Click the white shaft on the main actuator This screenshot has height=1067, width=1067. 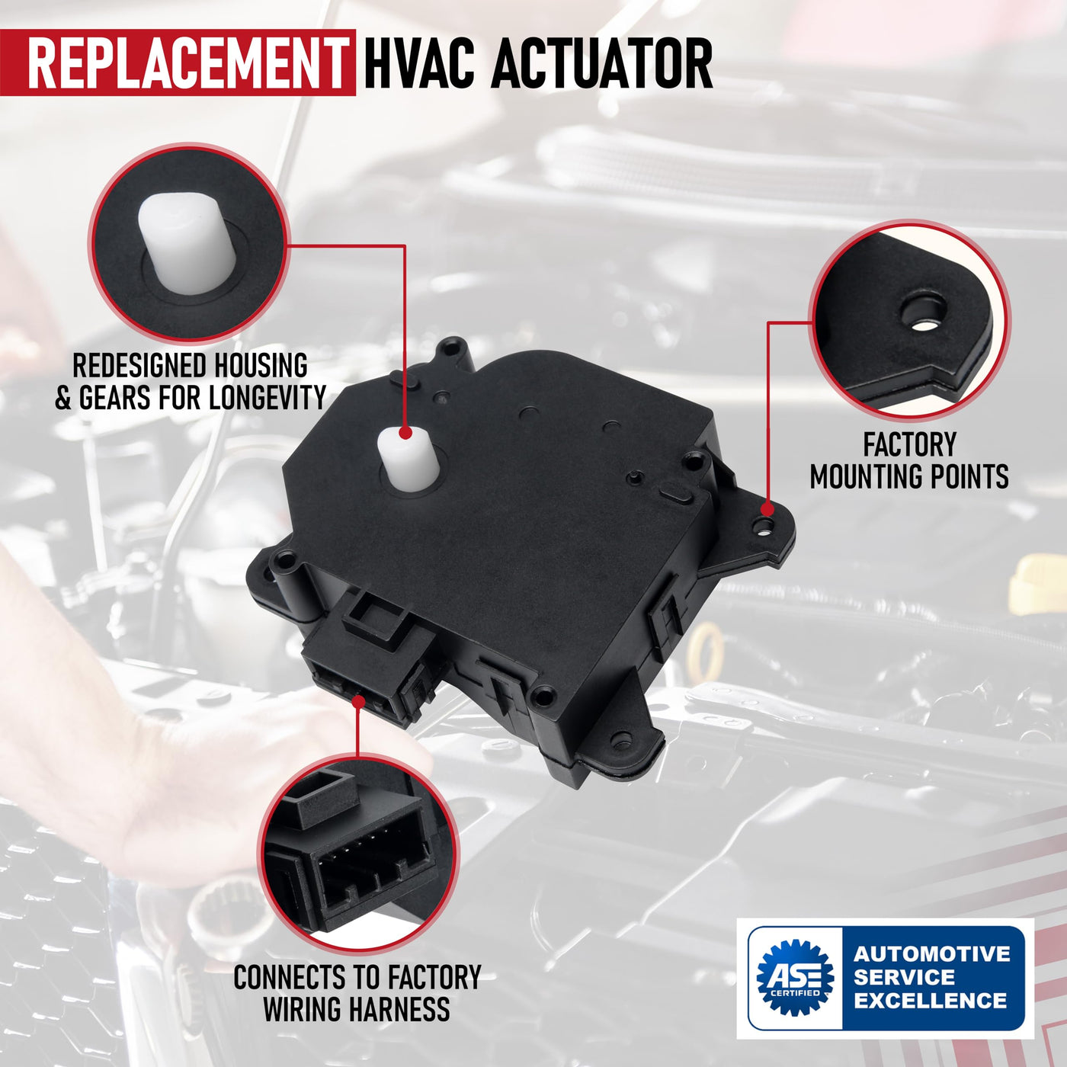click(x=409, y=457)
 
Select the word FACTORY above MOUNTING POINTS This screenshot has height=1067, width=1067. click(x=910, y=444)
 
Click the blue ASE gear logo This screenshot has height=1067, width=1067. click(x=795, y=977)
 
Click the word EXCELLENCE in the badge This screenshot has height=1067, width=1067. click(x=931, y=1001)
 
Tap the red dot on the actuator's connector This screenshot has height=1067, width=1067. click(x=358, y=702)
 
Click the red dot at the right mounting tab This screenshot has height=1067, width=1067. click(x=767, y=508)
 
